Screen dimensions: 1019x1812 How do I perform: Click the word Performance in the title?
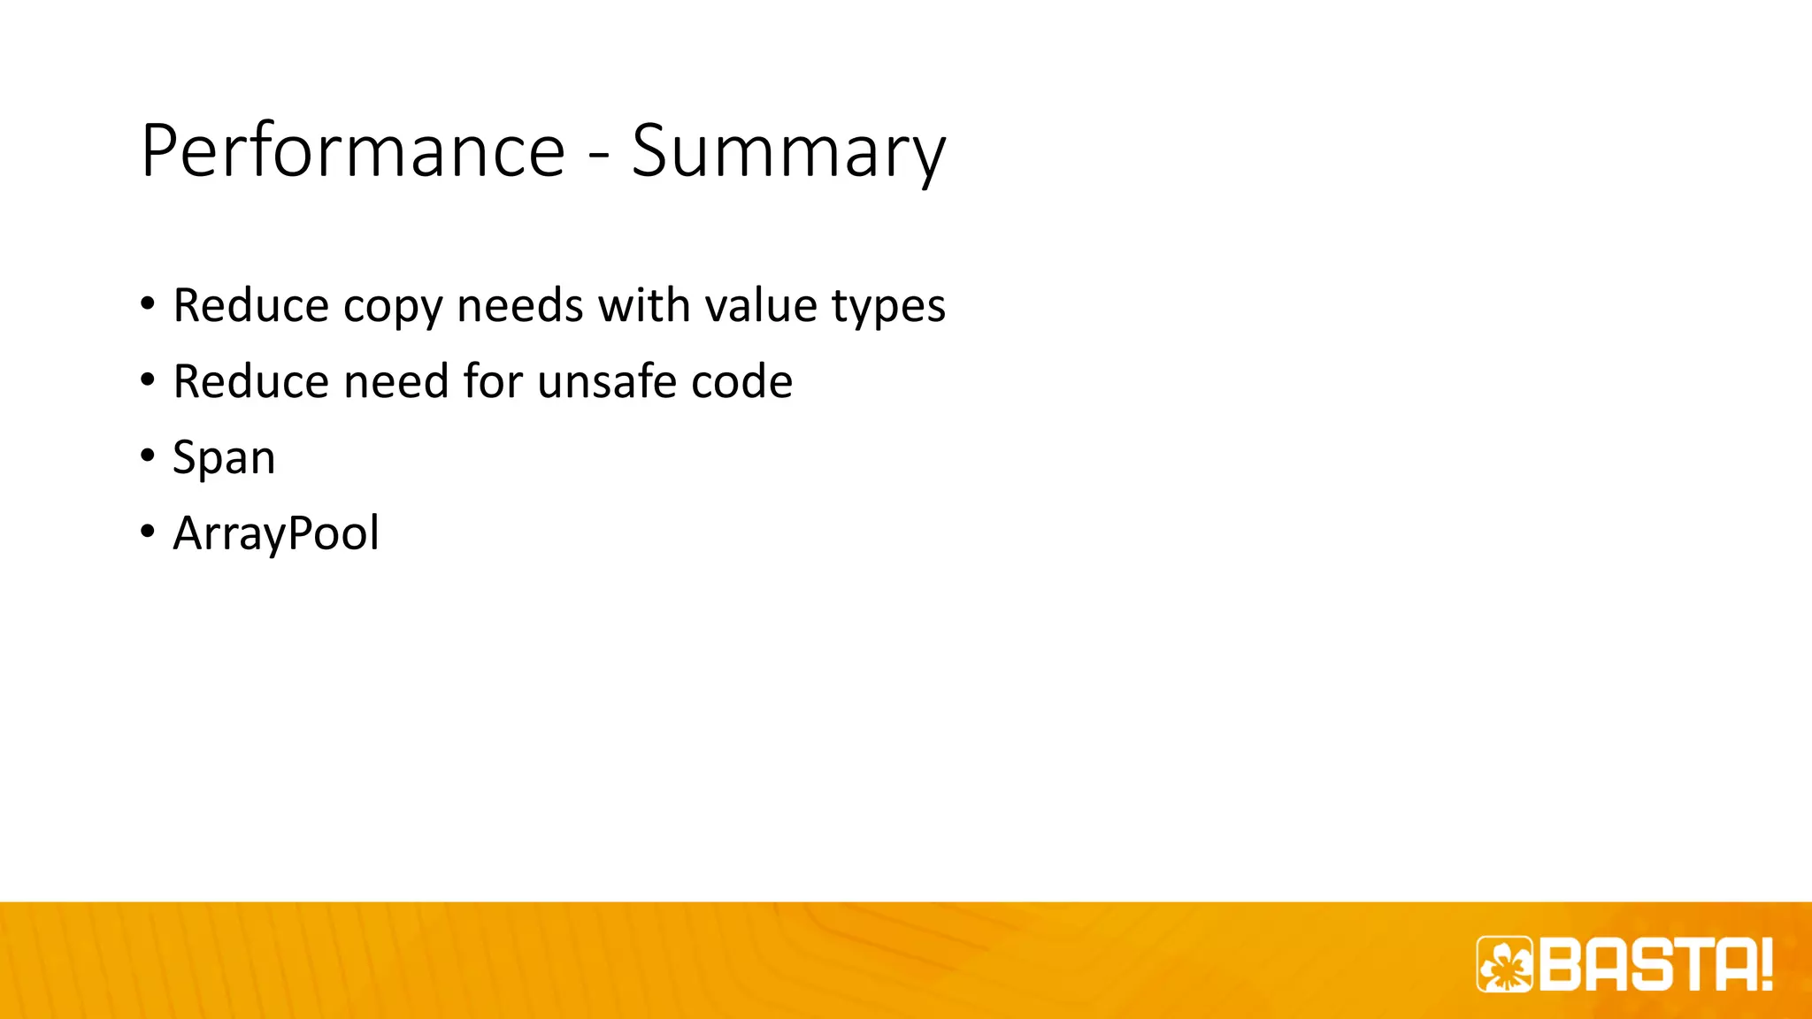pyautogui.click(x=353, y=150)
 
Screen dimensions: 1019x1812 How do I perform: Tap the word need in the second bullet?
pyautogui.click(x=397, y=381)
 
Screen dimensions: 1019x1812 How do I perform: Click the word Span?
pyautogui.click(x=224, y=458)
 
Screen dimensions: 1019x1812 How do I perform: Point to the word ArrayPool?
pyautogui.click(x=276, y=533)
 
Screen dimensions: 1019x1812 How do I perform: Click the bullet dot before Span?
pyautogui.click(x=147, y=456)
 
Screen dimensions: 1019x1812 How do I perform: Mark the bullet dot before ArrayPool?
pyautogui.click(x=147, y=532)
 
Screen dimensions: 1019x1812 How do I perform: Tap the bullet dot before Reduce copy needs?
pyautogui.click(x=147, y=304)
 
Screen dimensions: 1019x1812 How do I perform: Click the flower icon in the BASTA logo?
pyautogui.click(x=1504, y=964)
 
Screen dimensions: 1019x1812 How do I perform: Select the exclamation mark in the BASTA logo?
pyautogui.click(x=1766, y=964)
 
